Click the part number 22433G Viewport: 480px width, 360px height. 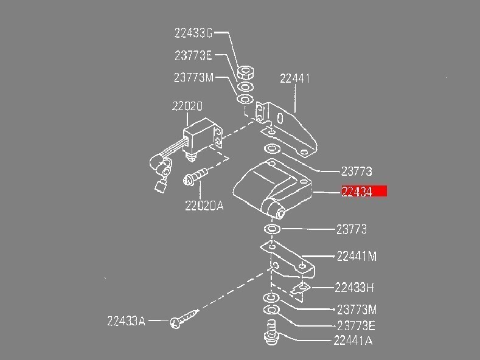(193, 33)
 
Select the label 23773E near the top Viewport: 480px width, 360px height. (193, 55)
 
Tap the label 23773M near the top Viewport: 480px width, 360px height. (194, 78)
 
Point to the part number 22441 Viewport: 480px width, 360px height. (295, 78)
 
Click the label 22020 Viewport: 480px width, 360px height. (187, 106)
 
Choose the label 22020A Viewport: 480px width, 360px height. (204, 206)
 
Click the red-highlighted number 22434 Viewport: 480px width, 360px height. (364, 192)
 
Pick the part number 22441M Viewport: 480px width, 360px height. (356, 257)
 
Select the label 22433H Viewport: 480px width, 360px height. (354, 287)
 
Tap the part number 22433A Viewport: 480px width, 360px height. (126, 320)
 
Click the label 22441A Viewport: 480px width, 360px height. (353, 341)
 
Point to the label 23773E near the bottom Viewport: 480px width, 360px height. (356, 325)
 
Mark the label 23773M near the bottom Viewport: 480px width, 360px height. (357, 310)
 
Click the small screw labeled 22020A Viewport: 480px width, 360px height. (195, 177)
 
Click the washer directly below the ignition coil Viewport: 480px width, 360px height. (271, 229)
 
